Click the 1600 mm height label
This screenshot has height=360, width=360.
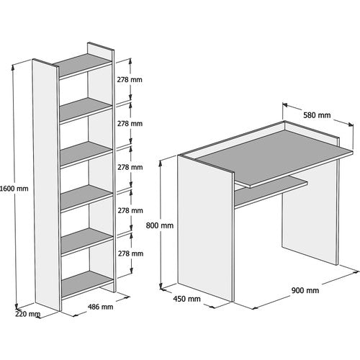pyautogui.click(x=15, y=189)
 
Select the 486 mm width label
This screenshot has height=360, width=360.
pyautogui.click(x=99, y=307)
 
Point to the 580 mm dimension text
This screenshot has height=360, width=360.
pyautogui.click(x=317, y=115)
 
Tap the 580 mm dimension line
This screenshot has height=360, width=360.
pyautogui.click(x=317, y=122)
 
